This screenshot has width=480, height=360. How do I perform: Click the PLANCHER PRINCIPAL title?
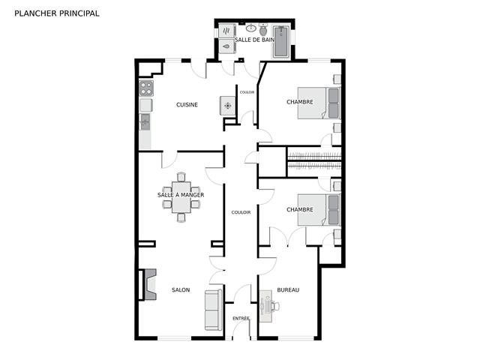[x=57, y=13]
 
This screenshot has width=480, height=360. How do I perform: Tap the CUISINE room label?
[x=187, y=105]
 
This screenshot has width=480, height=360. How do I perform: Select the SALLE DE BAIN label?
[x=254, y=40]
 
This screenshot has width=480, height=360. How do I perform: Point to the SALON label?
[x=181, y=290]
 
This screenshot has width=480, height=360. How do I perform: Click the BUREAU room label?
[x=288, y=290]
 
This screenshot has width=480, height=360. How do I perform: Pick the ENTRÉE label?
[x=241, y=318]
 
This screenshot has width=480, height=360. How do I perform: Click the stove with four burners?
[x=146, y=88]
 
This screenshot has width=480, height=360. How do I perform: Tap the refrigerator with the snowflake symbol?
[x=228, y=106]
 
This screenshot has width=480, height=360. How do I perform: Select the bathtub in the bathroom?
[x=281, y=42]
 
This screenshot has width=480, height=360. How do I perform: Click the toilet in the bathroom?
[x=263, y=30]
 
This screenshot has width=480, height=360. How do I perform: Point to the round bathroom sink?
[x=251, y=28]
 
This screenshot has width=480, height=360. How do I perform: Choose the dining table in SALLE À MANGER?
[x=181, y=197]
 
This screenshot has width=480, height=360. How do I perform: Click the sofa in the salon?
[x=213, y=310]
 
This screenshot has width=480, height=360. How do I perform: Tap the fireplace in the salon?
[x=150, y=284]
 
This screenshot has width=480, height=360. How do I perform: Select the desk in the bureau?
[x=265, y=306]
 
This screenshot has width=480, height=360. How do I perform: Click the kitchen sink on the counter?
[x=145, y=121]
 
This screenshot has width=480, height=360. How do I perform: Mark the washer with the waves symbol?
[x=226, y=31]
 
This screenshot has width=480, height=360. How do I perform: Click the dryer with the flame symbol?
[x=226, y=46]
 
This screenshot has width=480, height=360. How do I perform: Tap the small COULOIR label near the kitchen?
[x=247, y=92]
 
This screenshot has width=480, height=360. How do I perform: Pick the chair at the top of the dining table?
[x=181, y=177]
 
